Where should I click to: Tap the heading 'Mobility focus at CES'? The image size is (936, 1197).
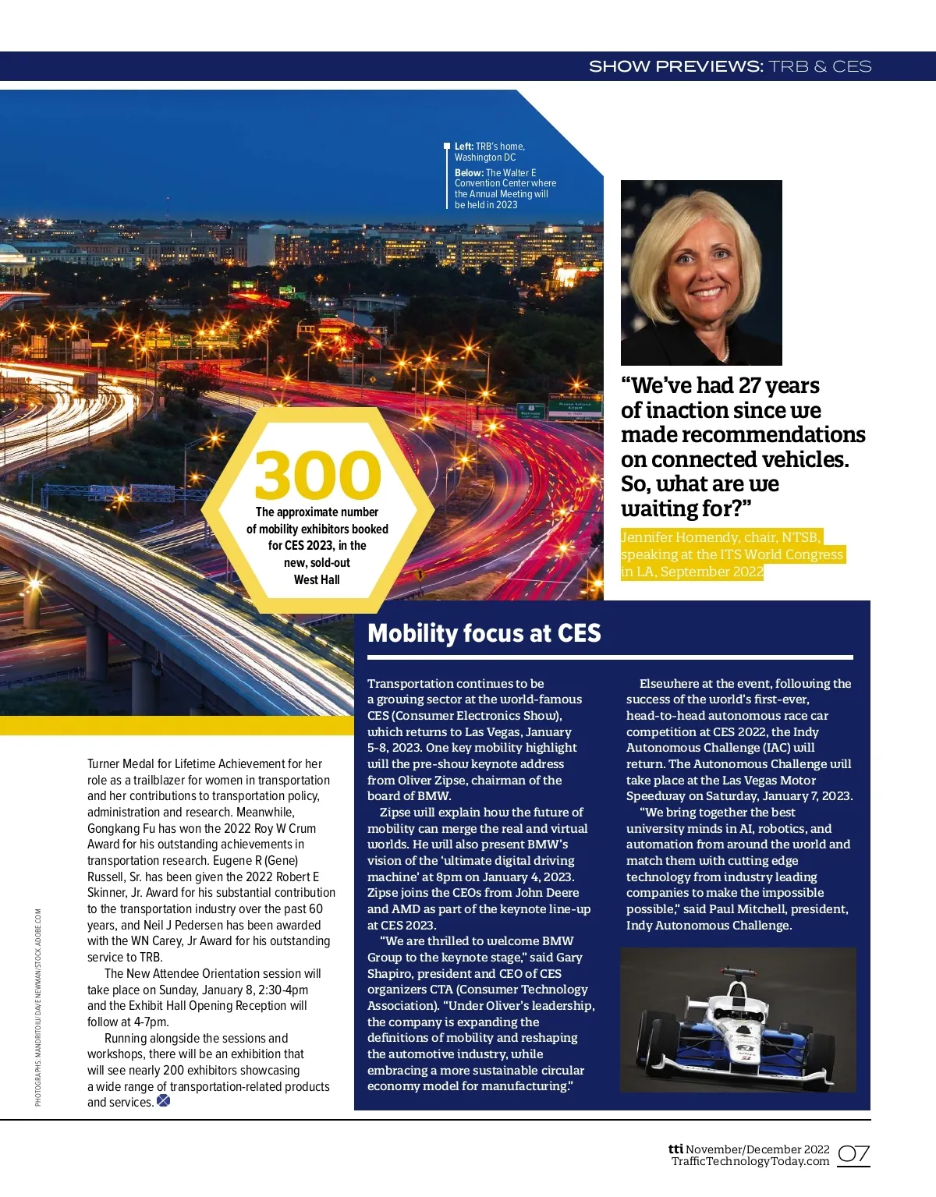point(484,633)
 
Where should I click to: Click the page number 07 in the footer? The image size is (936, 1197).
point(853,1154)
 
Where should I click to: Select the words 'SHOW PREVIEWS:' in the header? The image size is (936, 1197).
point(675,67)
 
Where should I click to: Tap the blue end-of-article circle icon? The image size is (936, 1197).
point(163,1101)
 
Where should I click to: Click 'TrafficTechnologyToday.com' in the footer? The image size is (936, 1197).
point(750,1162)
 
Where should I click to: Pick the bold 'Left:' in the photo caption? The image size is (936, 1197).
point(464,147)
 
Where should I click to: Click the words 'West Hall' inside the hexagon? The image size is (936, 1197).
point(317,579)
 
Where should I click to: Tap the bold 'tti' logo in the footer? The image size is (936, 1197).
point(675,1149)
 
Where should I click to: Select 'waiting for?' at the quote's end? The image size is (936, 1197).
point(686,509)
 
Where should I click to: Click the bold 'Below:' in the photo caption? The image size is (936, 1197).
point(469,173)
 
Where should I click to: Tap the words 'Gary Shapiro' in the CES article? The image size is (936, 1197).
point(556,958)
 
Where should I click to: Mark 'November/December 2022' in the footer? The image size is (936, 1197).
point(757,1149)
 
